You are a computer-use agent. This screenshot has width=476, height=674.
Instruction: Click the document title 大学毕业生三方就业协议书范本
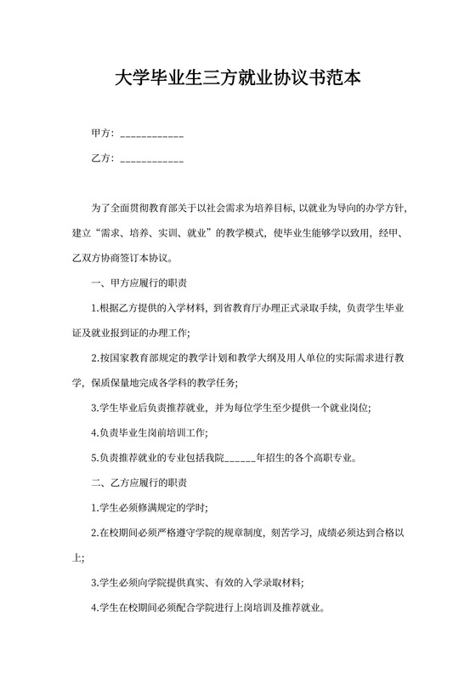(x=237, y=79)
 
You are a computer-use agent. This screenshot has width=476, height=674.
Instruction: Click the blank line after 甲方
(x=152, y=135)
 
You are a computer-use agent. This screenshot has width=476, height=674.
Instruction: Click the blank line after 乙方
(x=152, y=159)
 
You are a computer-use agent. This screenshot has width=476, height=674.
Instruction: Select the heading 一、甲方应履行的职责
(x=139, y=283)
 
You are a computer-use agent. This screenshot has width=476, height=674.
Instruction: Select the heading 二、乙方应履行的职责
(x=139, y=483)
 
